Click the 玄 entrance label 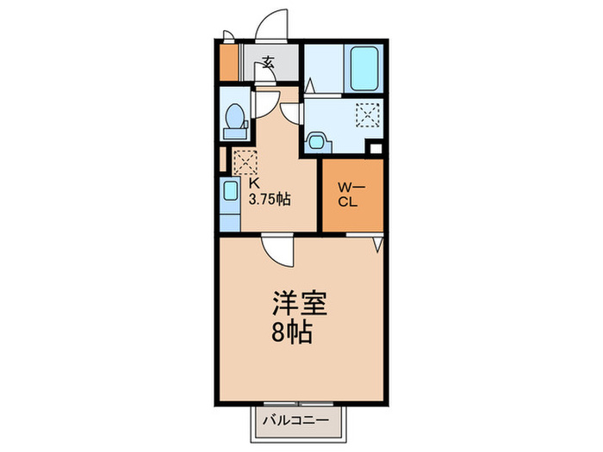tap(269, 62)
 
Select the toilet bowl tap(233, 119)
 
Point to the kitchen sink tap(230, 191)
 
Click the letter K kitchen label tap(255, 183)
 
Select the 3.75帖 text tap(269, 199)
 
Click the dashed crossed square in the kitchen tap(245, 160)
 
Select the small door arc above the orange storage tap(228, 37)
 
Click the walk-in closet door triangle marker tap(376, 245)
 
